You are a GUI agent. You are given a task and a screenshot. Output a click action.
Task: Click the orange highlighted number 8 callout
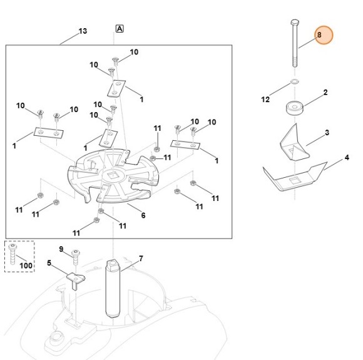click(x=324, y=35)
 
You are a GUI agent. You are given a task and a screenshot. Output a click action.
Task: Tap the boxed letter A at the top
click(x=120, y=29)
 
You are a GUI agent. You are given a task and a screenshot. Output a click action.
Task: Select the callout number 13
click(x=83, y=31)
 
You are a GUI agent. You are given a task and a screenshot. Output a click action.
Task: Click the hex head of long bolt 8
click(x=295, y=23)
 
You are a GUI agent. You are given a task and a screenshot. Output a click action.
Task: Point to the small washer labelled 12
click(x=294, y=81)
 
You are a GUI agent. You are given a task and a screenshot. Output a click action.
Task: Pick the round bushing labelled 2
click(x=295, y=108)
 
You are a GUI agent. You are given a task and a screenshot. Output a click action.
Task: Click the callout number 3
click(x=327, y=133)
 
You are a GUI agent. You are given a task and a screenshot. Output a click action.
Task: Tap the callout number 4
click(x=347, y=158)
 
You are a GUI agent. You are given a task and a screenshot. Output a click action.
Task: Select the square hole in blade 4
click(x=295, y=180)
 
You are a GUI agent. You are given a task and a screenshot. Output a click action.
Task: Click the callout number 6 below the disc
click(x=143, y=215)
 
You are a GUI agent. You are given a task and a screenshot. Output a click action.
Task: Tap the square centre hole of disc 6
click(x=113, y=175)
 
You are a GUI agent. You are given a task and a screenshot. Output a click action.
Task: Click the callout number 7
click(x=141, y=259)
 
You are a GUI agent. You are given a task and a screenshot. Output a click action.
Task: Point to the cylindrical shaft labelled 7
click(x=113, y=289)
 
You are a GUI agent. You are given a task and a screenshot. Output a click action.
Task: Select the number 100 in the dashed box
click(x=26, y=265)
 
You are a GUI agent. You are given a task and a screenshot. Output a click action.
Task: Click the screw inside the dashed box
click(x=13, y=254)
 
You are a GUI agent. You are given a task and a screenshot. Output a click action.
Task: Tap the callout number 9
click(x=61, y=249)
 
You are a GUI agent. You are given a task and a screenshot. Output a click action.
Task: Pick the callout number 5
click(x=49, y=263)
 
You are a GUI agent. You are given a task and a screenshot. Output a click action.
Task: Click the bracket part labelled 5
click(x=76, y=280)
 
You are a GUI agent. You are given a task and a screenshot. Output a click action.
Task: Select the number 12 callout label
click(x=265, y=100)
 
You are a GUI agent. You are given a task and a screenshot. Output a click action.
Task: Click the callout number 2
click(x=325, y=93)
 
